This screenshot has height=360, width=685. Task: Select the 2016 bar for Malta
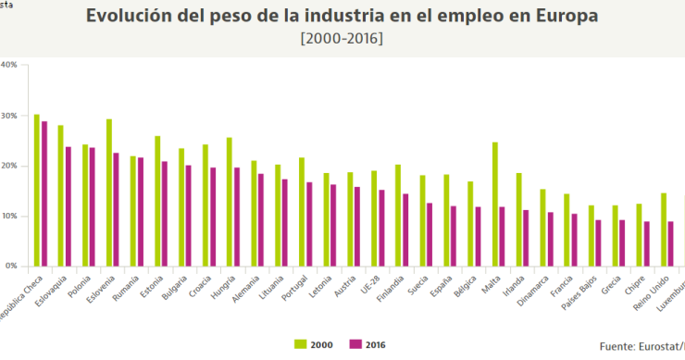click(x=502, y=236)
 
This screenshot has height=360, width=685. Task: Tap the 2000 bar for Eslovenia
click(x=109, y=192)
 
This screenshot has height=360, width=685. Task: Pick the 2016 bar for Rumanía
click(x=141, y=212)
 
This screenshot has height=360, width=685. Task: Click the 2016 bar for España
click(x=454, y=236)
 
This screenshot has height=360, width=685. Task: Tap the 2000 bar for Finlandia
click(x=398, y=216)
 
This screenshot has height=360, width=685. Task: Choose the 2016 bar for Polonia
click(x=93, y=206)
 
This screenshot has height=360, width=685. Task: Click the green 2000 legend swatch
click(x=301, y=345)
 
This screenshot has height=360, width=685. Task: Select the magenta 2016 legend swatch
click(x=356, y=345)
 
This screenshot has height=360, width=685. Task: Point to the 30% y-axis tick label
click(x=8, y=116)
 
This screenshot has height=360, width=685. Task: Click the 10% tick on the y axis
click(x=8, y=216)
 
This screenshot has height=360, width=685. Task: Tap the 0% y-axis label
click(x=11, y=266)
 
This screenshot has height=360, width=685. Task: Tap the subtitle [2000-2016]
click(x=342, y=38)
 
